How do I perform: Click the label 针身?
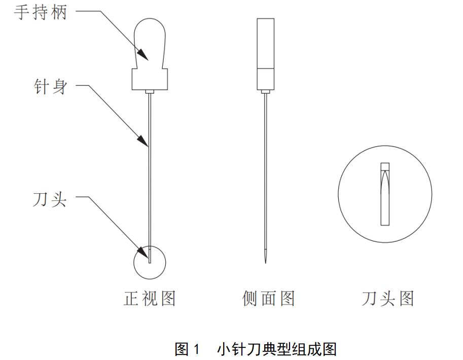tap(49, 87)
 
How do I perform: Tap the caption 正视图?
tap(150, 298)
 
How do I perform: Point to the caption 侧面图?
tap(268, 298)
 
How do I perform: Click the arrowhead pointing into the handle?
tap(144, 55)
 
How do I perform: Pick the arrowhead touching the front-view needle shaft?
tap(145, 141)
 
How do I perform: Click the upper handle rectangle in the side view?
tap(266, 43)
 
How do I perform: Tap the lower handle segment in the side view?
tap(266, 79)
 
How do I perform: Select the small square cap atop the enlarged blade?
tap(385, 166)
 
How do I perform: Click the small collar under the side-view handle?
tap(266, 92)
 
